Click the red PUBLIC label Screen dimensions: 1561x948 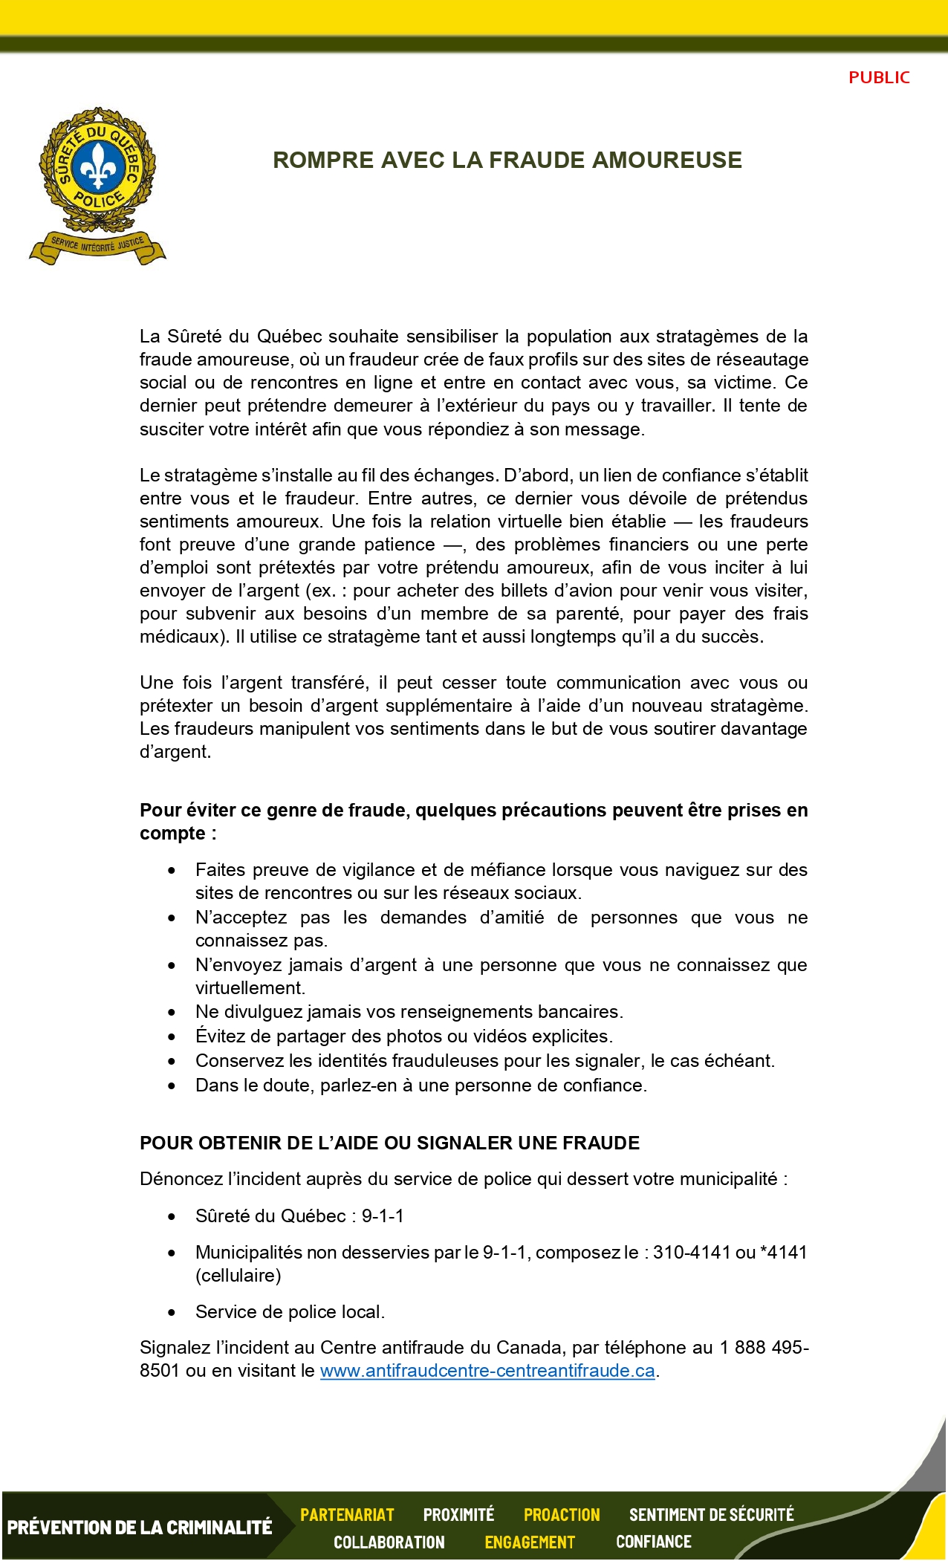pos(879,77)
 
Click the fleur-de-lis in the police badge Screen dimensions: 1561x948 pos(97,167)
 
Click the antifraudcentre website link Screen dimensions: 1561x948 pos(487,1371)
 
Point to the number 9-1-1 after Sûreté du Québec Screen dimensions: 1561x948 pos(383,1216)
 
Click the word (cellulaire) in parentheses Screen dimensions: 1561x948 pos(238,1276)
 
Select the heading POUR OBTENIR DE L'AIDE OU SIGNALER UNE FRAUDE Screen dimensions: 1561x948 pos(389,1143)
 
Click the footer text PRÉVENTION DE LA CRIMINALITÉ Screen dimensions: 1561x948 pos(140,1528)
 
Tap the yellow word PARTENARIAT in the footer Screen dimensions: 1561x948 pos(347,1515)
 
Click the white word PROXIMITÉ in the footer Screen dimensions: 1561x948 pos(458,1515)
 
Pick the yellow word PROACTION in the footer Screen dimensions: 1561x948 pos(562,1515)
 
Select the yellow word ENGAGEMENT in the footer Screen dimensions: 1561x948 pos(530,1542)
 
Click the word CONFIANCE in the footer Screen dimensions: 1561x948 pos(654,1542)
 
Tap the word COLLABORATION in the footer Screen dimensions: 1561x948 pos(389,1542)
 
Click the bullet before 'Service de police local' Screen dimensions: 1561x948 pos(172,1313)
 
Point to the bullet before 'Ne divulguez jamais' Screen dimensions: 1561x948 pos(172,1013)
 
